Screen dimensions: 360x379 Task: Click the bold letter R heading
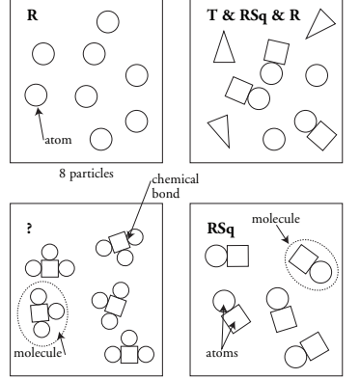click(33, 15)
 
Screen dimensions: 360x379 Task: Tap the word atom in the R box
click(58, 140)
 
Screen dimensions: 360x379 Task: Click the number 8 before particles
click(63, 174)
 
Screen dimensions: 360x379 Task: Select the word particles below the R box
click(92, 174)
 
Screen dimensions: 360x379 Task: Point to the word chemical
click(176, 178)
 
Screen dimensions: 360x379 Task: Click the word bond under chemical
click(165, 194)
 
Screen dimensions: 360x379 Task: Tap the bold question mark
click(29, 229)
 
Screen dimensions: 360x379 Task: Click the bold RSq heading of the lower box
click(221, 230)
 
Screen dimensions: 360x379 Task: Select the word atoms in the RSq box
click(222, 353)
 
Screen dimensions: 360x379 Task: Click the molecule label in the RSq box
click(276, 219)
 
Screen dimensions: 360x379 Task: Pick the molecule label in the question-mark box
click(38, 353)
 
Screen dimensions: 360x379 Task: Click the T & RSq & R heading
click(254, 15)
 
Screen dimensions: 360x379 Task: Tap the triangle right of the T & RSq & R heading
click(321, 23)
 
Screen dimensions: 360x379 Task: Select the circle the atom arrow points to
click(36, 95)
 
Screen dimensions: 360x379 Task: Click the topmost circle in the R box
click(108, 22)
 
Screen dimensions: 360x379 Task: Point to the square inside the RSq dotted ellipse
click(303, 259)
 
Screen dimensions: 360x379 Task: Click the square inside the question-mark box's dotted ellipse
click(40, 312)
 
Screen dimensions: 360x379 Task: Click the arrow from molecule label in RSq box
click(282, 233)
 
